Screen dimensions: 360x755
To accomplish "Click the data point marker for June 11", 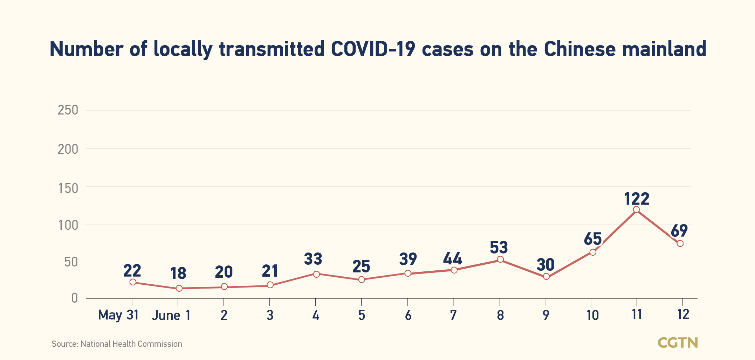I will (636, 210).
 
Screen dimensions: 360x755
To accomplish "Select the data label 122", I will (637, 199).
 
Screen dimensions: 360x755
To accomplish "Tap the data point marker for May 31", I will (133, 282).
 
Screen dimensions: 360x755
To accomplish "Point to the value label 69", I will (679, 231).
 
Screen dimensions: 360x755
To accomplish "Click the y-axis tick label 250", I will (68, 110).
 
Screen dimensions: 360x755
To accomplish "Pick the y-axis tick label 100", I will (68, 225).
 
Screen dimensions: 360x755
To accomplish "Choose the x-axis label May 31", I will (118, 315).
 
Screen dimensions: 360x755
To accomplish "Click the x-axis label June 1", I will (171, 315).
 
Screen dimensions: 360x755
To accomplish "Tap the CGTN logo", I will (678, 342).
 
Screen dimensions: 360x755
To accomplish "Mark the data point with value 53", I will (500, 259).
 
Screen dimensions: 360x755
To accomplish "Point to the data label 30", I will (545, 265).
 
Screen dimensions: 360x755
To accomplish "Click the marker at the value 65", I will (593, 252).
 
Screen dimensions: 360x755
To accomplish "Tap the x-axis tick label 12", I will (683, 314).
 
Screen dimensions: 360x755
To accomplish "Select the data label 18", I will (178, 274).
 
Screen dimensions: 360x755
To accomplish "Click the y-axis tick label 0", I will (74, 298).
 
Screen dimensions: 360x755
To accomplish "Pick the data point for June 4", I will (316, 274).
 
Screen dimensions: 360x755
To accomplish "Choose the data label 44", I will (452, 259).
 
